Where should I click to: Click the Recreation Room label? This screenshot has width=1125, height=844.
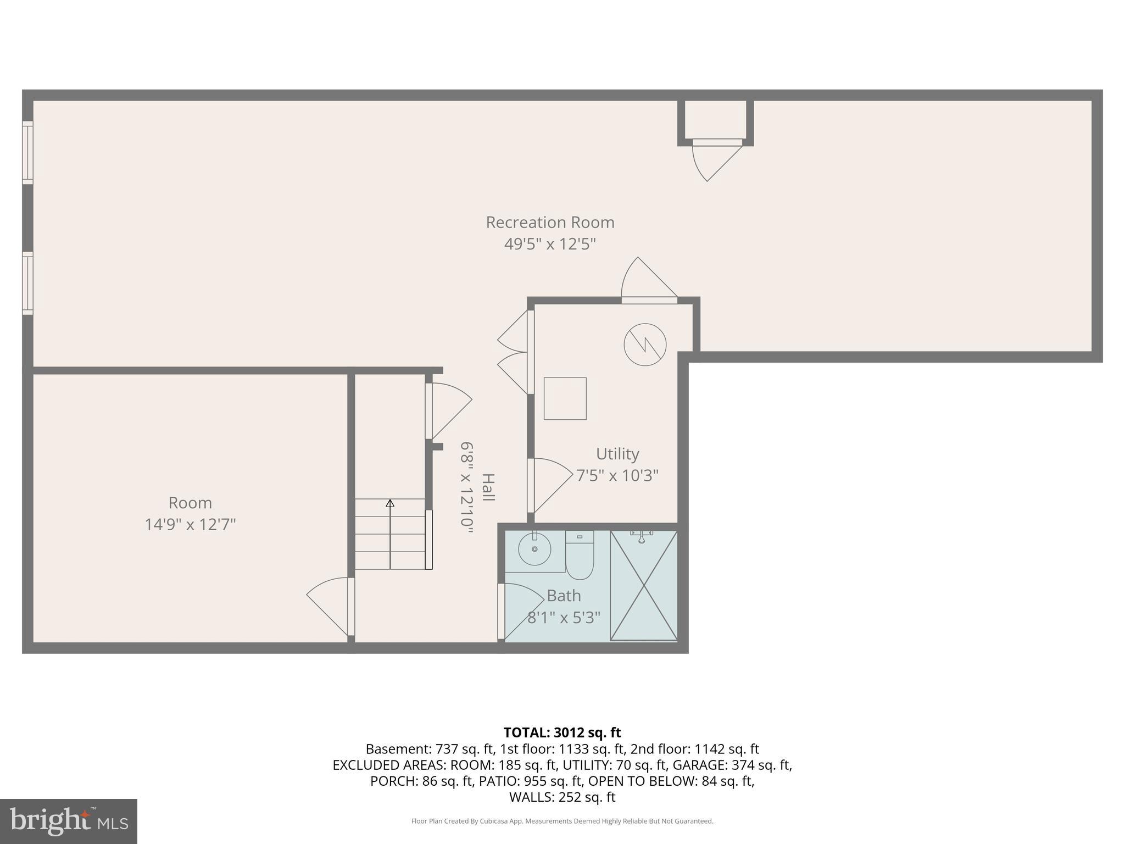coord(550,223)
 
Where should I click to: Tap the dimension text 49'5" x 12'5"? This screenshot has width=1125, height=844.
coord(550,244)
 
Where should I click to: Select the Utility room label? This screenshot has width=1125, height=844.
coord(617,454)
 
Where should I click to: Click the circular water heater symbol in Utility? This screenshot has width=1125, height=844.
coord(645,345)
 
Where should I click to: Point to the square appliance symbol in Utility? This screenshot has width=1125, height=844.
coord(565,398)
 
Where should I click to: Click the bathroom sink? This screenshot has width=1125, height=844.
coord(534,549)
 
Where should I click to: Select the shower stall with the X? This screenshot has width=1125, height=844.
coord(644,585)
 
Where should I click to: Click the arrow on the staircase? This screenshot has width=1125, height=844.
coord(390,503)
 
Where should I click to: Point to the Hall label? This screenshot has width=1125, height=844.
coord(488,487)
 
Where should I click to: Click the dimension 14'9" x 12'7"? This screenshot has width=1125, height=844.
coord(190,525)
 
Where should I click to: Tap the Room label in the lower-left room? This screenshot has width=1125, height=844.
coord(190,503)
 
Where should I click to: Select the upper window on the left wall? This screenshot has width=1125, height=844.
coord(27,152)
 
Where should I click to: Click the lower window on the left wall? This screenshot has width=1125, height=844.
coord(27,283)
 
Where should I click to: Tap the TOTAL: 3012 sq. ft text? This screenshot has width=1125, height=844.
coord(562,732)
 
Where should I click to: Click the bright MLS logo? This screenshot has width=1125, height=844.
coord(69,821)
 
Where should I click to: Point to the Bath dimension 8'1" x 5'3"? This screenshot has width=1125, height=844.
coord(564,618)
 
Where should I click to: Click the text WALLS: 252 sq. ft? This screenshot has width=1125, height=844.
coord(562,797)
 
